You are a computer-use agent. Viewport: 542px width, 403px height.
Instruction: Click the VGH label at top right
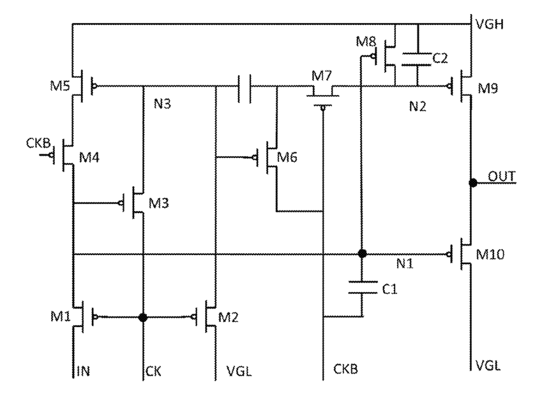pos(489,24)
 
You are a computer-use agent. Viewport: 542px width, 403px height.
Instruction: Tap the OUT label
pos(502,177)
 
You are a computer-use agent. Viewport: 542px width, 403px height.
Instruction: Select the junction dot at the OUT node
pos(472,182)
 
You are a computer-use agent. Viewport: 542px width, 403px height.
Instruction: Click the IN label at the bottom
pos(83,371)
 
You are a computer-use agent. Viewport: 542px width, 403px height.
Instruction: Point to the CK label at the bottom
pos(153,371)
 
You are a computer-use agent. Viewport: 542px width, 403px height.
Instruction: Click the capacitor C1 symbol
pos(362,288)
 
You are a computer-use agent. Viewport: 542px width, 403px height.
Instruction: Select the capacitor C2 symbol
pos(416,59)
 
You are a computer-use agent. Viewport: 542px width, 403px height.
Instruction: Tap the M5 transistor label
pos(60,85)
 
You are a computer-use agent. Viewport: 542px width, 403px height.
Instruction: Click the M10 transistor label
pos(490,254)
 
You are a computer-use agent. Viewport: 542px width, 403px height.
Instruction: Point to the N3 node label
pos(162,103)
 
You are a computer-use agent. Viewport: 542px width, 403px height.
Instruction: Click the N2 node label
pos(418,106)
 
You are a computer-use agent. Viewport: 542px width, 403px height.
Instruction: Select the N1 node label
pos(405,264)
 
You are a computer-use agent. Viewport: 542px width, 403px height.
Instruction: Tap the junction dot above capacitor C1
pos(362,254)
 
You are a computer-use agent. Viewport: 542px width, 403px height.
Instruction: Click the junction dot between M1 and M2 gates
pos(143,318)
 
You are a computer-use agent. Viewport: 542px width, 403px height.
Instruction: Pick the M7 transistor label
pos(322,76)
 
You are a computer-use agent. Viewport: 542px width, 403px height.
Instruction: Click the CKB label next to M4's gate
pos(38,143)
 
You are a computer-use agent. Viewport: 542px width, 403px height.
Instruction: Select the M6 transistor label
pos(287,158)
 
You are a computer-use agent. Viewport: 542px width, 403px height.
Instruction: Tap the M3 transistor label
pos(159,203)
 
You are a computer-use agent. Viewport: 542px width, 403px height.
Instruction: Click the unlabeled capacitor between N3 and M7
pos(245,89)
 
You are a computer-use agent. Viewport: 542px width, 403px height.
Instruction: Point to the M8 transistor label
pos(366,42)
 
